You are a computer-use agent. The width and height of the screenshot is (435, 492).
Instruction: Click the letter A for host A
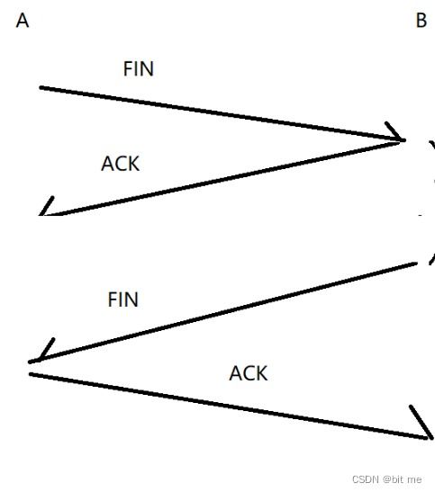coord(23,21)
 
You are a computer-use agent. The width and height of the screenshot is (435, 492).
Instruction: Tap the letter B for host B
coord(421,21)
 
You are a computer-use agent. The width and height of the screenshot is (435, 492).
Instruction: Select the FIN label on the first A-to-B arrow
coord(139,68)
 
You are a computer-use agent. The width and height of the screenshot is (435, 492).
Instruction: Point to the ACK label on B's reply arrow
coord(121,164)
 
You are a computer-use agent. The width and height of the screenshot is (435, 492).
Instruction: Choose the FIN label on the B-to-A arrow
coord(122,300)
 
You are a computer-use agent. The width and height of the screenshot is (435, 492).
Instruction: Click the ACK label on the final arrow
coord(249,373)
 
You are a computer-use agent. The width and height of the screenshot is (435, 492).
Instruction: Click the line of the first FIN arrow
coord(222,114)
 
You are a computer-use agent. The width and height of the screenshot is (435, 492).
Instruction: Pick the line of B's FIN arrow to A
coord(223,312)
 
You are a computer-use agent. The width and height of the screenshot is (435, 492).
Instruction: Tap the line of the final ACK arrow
coord(229,406)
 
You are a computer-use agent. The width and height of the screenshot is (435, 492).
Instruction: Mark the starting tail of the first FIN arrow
coord(41,87)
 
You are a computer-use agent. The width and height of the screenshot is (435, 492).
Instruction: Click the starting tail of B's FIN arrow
coord(415,264)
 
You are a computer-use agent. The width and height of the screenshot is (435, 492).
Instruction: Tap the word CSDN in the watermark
coord(366,479)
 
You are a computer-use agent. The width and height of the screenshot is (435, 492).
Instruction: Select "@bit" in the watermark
coord(393,479)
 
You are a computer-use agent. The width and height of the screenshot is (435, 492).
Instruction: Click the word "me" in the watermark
coord(414,480)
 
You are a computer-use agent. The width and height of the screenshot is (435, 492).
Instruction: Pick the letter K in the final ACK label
coord(261,373)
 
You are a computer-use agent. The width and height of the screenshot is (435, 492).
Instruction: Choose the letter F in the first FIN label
coord(128,68)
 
